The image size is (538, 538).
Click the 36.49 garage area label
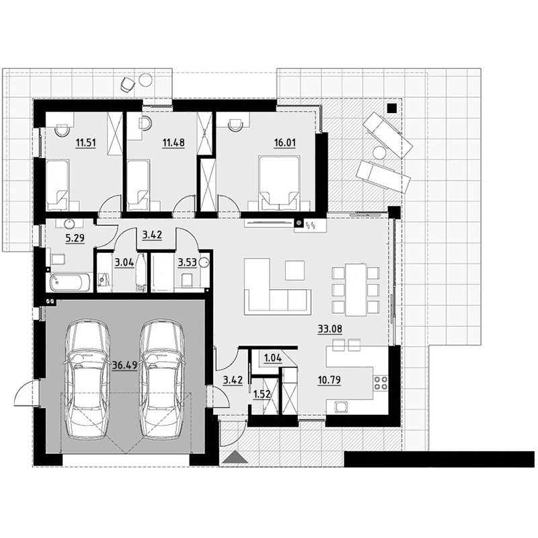pyautogui.click(x=124, y=365)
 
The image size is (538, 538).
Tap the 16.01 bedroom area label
pyautogui.click(x=284, y=143)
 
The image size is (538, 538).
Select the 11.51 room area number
pyautogui.click(x=86, y=143)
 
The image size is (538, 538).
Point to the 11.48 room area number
pyautogui.click(x=174, y=143)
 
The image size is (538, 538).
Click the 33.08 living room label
pyautogui.click(x=330, y=329)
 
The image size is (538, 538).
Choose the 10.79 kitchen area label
pyautogui.click(x=330, y=380)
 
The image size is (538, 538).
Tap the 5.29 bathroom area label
pyautogui.click(x=75, y=238)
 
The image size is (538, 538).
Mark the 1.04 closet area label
pyautogui.click(x=273, y=358)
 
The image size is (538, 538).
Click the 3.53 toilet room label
pyautogui.click(x=188, y=263)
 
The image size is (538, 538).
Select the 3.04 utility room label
pyautogui.click(x=124, y=263)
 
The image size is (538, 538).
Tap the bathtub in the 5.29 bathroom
pyautogui.click(x=70, y=282)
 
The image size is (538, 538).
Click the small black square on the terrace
pyautogui.click(x=392, y=108)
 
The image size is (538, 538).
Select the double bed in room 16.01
pyautogui.click(x=280, y=182)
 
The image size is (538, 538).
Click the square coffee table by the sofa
pyautogui.click(x=295, y=270)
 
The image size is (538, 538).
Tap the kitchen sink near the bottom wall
pyautogui.click(x=341, y=407)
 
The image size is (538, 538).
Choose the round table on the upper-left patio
pyautogui.click(x=145, y=80)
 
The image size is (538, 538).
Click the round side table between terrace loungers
pyautogui.click(x=380, y=153)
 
